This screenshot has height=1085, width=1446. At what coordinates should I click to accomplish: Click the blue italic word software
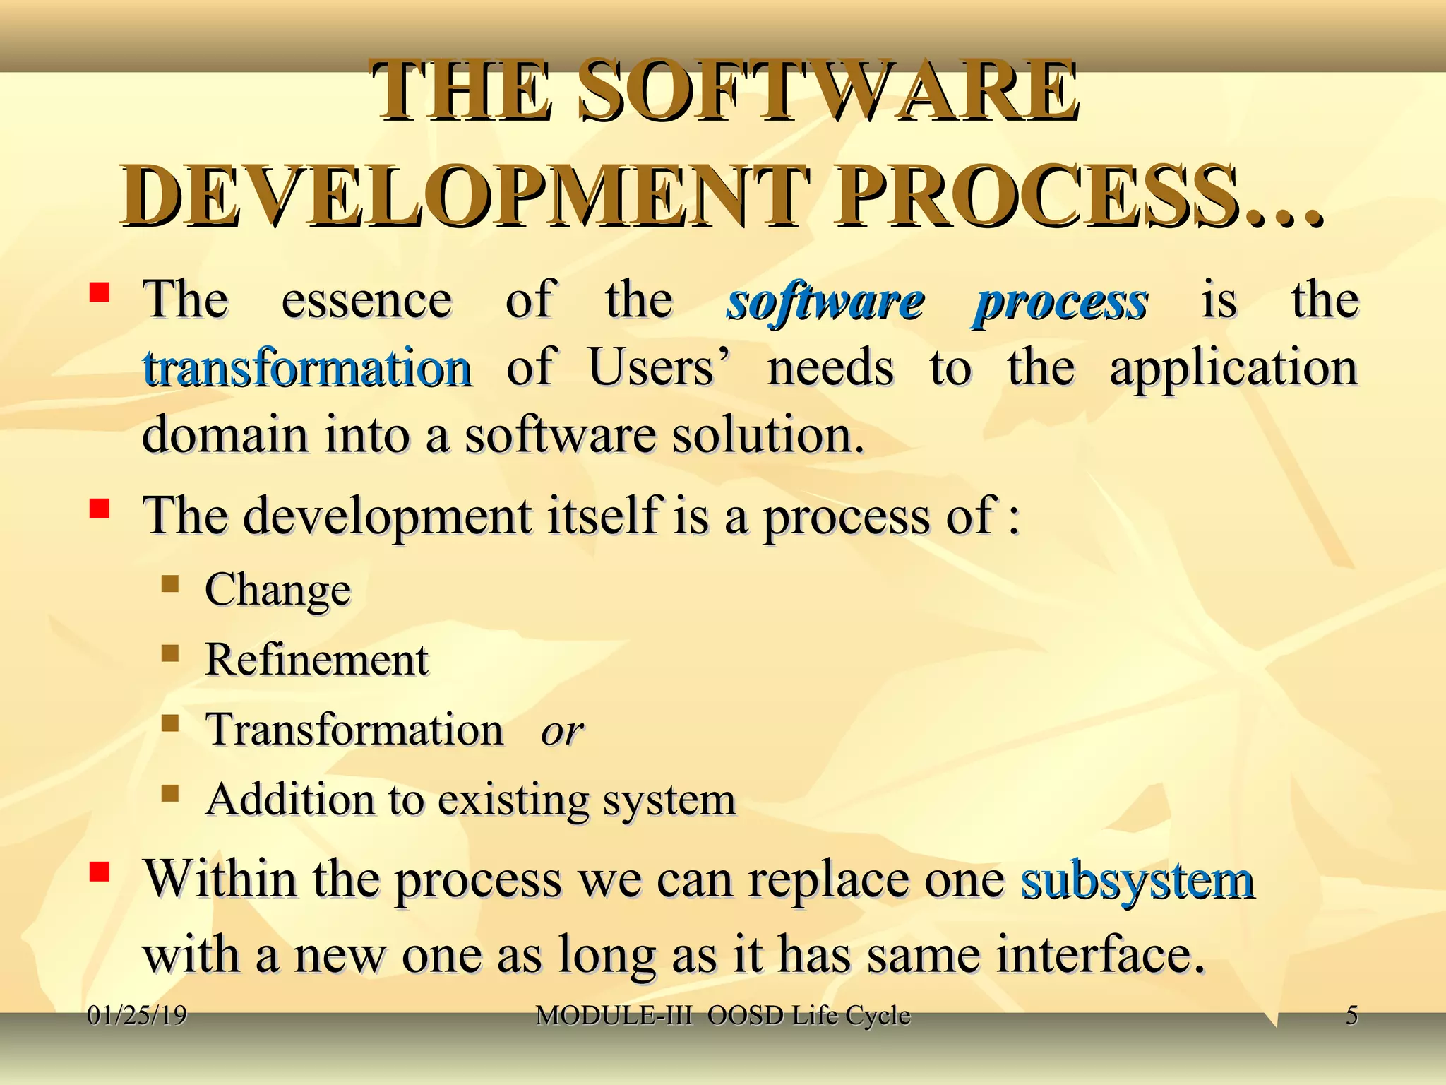click(825, 302)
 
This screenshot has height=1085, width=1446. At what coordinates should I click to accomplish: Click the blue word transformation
click(307, 369)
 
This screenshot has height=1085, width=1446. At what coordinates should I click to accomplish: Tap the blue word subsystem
click(1137, 880)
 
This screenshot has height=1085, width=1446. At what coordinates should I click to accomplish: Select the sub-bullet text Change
click(277, 591)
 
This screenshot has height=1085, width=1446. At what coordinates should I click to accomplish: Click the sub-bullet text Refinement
click(316, 660)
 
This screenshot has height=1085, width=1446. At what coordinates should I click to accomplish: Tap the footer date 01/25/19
click(137, 1015)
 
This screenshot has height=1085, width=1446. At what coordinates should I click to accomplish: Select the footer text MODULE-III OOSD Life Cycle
click(722, 1015)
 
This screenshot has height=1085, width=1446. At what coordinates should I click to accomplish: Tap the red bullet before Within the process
click(99, 873)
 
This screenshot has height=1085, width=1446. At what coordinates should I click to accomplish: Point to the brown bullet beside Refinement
click(169, 653)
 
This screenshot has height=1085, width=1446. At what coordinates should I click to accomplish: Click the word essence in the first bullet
click(366, 301)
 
